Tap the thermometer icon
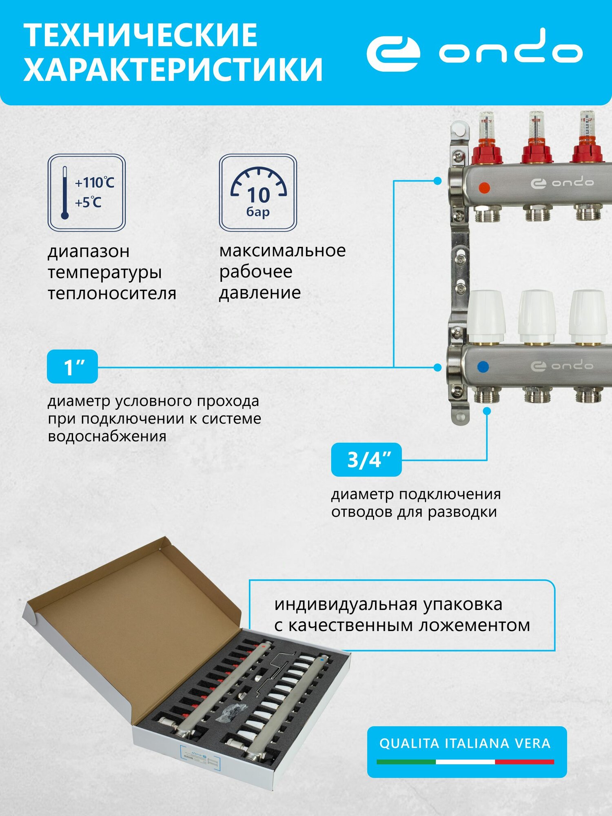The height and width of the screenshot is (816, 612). (x=64, y=193)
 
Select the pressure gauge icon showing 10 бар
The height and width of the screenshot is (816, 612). (x=258, y=193)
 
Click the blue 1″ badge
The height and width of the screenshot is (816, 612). (x=72, y=366)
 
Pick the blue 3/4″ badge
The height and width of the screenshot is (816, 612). (x=366, y=460)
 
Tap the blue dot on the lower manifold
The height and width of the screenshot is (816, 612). (x=483, y=366)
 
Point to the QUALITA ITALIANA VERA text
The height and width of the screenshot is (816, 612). (x=465, y=743)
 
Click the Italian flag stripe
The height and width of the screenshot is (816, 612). (x=465, y=761)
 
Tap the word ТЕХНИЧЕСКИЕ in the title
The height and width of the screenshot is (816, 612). (x=140, y=35)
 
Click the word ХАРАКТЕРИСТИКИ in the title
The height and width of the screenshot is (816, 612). (x=173, y=69)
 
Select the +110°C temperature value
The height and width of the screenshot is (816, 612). (x=95, y=182)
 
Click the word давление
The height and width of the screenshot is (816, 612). (x=260, y=293)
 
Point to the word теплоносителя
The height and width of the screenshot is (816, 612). (x=112, y=293)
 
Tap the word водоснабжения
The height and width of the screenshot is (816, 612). (x=107, y=436)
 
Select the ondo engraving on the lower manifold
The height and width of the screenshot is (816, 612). (x=562, y=366)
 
